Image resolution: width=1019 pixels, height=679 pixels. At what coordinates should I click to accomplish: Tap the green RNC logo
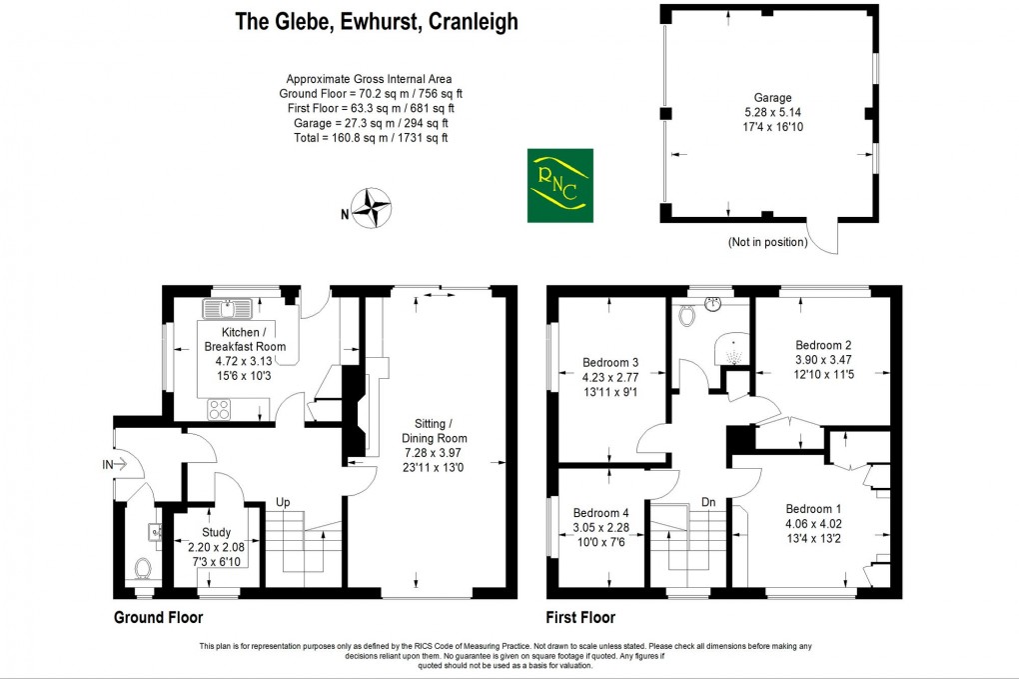[x=559, y=185]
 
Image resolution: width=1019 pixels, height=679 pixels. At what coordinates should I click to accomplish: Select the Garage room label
[x=772, y=98]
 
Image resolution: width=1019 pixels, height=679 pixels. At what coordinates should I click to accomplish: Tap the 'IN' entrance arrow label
[x=110, y=464]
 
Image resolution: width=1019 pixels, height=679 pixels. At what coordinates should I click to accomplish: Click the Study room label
[x=216, y=532]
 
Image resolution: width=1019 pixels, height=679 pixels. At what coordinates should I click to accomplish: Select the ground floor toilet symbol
[x=143, y=568]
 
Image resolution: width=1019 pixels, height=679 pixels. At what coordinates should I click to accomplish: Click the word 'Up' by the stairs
[x=284, y=502]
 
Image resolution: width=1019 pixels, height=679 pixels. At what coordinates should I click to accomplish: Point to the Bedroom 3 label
[x=610, y=362]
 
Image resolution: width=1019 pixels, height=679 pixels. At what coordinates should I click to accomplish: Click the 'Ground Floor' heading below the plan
[x=158, y=617]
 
